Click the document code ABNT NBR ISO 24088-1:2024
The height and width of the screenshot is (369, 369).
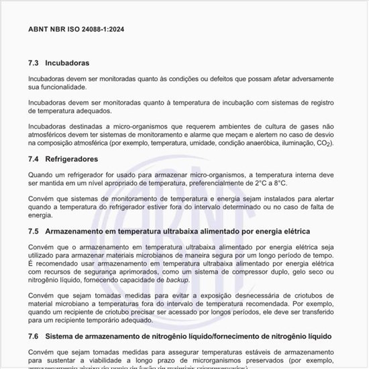[76, 30]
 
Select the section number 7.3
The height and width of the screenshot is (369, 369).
[34, 63]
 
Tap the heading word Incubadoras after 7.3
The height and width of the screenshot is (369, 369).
[67, 63]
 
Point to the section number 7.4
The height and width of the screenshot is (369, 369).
[34, 160]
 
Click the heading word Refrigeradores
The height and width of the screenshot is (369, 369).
[72, 160]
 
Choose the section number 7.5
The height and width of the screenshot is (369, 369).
[34, 231]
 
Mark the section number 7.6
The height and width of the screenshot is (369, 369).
[34, 335]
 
